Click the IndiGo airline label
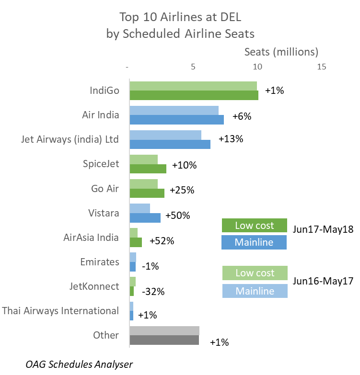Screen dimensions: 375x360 [105, 91]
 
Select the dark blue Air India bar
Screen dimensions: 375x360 [176, 120]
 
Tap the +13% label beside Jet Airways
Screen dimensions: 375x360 [231, 139]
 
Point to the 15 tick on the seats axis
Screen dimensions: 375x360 [321, 67]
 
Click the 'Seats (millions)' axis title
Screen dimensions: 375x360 [281, 51]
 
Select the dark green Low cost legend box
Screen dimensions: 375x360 [254, 226]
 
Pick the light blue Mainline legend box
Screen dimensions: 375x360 [255, 291]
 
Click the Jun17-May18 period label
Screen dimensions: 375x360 [323, 229]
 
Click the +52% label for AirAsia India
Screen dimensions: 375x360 [162, 241]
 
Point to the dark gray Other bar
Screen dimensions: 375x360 [164, 340]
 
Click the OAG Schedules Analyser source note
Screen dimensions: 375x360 [79, 364]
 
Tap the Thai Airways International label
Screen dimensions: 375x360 [60, 311]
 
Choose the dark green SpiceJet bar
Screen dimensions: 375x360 [148, 169]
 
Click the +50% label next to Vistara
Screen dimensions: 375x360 [177, 216]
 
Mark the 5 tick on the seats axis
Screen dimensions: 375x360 [193, 67]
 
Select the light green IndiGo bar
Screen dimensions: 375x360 [193, 86]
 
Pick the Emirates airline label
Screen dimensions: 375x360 [100, 262]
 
